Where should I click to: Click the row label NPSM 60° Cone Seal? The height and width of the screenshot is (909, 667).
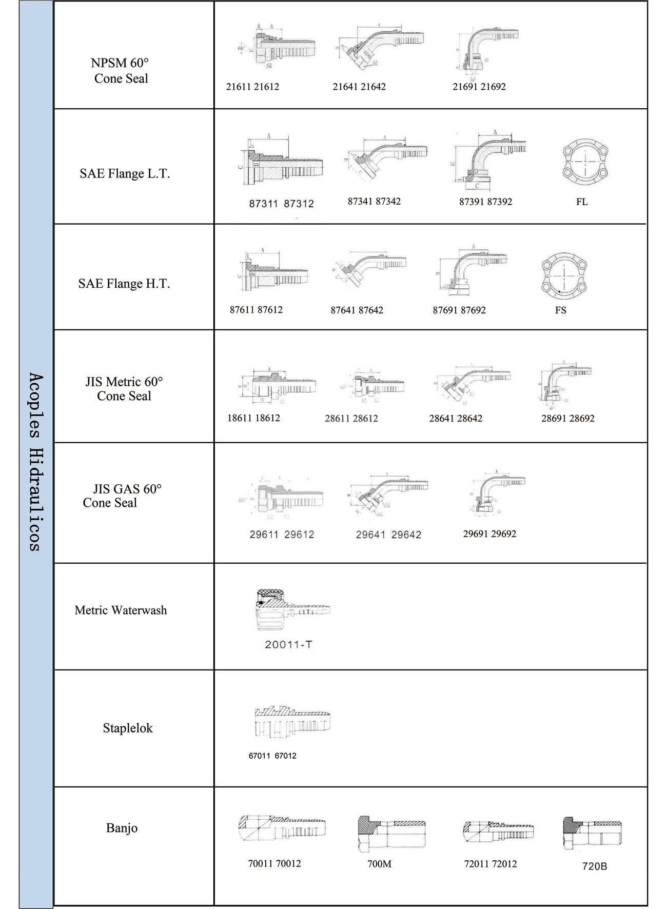[x=120, y=71]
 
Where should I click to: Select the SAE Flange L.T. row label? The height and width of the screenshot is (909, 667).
[x=125, y=173]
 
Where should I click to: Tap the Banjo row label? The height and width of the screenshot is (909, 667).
[x=122, y=827]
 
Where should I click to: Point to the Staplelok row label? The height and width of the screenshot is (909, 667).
[x=128, y=728]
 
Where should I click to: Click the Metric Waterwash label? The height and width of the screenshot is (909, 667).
[x=121, y=610]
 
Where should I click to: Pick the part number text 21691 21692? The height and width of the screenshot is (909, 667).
[x=479, y=87]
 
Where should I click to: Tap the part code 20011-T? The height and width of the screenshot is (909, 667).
[x=288, y=644]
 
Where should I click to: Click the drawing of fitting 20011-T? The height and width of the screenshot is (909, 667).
[x=292, y=610]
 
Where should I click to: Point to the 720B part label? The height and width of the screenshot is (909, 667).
[x=595, y=866]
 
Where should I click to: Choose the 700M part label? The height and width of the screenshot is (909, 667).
[x=379, y=864]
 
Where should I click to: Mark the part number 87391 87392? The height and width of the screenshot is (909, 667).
[x=485, y=202]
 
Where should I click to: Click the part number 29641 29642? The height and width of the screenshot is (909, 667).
[x=388, y=535]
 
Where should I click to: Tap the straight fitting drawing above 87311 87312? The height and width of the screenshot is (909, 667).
[x=281, y=161]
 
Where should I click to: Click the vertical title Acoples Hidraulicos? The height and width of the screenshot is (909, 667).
[x=35, y=462]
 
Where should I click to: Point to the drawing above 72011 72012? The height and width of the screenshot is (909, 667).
[x=498, y=831]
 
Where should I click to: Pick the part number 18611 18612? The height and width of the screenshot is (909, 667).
[x=253, y=418]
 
